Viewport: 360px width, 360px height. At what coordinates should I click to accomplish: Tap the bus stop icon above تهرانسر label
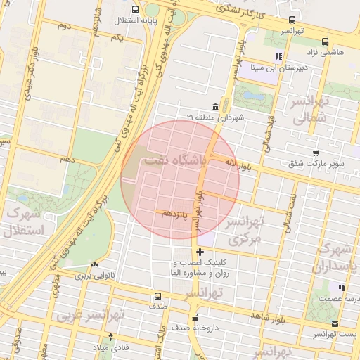click(x=292, y=20)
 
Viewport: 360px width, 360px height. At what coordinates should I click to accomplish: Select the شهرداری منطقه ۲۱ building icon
click(x=214, y=108)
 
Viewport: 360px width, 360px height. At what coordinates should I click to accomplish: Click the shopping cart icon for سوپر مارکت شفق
click(x=316, y=153)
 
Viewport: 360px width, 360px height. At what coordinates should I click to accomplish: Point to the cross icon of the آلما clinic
click(x=200, y=252)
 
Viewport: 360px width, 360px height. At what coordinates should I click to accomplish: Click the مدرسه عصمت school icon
click(x=341, y=288)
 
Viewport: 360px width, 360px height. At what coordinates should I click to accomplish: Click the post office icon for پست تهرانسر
click(x=335, y=323)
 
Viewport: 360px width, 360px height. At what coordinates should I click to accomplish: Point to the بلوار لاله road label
click(x=243, y=165)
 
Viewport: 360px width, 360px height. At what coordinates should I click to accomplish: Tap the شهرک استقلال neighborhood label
click(x=24, y=221)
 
